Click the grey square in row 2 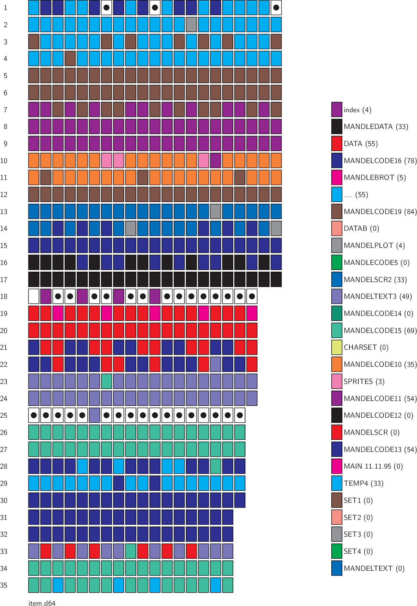click(191, 24)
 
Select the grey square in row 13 click(216, 211)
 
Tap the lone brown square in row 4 click(70, 59)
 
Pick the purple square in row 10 click(216, 160)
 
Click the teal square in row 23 click(106, 381)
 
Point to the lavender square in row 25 click(94, 415)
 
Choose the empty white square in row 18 click(34, 296)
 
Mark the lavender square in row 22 click(216, 364)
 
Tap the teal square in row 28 click(216, 466)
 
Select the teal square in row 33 click(131, 551)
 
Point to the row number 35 click(4, 585)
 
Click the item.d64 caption click(42, 603)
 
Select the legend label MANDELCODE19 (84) click(380, 211)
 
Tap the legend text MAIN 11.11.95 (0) click(373, 466)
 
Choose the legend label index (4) click(357, 110)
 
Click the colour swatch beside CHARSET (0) click(337, 347)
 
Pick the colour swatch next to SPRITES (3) click(337, 381)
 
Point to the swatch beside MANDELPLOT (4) click(337, 245)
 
